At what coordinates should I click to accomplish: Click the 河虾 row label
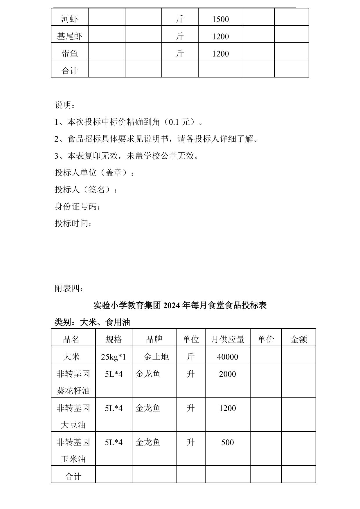[70, 19]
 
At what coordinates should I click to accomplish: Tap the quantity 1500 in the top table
[221, 19]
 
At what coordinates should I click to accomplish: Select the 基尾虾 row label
[70, 36]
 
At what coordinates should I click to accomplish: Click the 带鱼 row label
[70, 53]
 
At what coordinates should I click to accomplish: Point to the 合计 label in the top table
[70, 71]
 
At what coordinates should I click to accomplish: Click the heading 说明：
[65, 105]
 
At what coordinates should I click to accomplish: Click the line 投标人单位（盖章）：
[95, 173]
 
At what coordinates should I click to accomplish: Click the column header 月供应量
[228, 339]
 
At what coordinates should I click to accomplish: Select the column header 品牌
[154, 339]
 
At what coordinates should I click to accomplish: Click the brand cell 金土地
[156, 357]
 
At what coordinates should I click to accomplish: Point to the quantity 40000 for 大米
[228, 357]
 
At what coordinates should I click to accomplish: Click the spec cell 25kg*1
[114, 357]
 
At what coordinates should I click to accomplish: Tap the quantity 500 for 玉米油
[228, 442]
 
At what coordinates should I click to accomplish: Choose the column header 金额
[299, 339]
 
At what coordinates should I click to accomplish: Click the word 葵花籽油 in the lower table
[73, 391]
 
